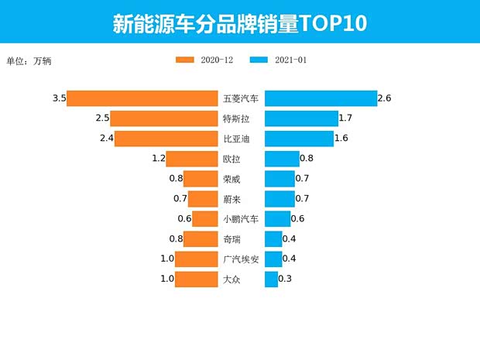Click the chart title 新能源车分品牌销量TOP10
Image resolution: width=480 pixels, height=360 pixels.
tap(239, 22)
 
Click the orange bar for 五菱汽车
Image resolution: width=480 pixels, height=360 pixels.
tap(142, 98)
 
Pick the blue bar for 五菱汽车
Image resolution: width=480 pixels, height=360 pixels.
tap(320, 98)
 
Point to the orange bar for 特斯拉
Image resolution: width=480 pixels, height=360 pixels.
tap(164, 118)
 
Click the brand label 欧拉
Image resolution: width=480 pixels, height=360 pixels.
tap(231, 159)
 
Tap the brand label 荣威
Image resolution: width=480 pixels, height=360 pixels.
tap(231, 180)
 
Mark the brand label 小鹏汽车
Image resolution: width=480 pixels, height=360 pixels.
tap(241, 219)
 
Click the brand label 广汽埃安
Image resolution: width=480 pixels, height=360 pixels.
tap(241, 259)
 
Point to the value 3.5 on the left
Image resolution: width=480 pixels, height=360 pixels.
tap(59, 98)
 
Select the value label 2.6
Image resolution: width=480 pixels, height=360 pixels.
tap(384, 98)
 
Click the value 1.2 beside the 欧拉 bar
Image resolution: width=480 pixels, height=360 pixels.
tap(159, 159)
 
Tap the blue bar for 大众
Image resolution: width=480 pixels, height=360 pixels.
tap(271, 279)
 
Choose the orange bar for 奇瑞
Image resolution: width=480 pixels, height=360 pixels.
tap(201, 239)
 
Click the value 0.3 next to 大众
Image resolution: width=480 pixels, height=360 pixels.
tap(285, 279)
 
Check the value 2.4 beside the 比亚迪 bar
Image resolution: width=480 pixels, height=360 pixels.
tap(107, 139)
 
